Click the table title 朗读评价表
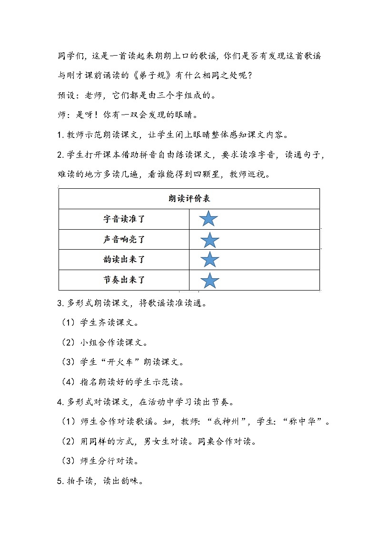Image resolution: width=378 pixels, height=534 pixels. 189,199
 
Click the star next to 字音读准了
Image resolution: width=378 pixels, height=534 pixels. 209,219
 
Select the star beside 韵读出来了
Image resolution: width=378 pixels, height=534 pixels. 209,260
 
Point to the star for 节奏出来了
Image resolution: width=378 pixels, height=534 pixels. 209,280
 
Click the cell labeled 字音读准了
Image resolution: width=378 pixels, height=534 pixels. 124,219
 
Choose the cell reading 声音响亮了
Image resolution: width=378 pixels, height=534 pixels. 124,240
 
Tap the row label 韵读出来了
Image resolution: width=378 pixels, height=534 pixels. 124,260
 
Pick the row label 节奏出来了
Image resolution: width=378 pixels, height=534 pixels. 124,280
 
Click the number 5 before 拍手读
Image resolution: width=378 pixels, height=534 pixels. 60,481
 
